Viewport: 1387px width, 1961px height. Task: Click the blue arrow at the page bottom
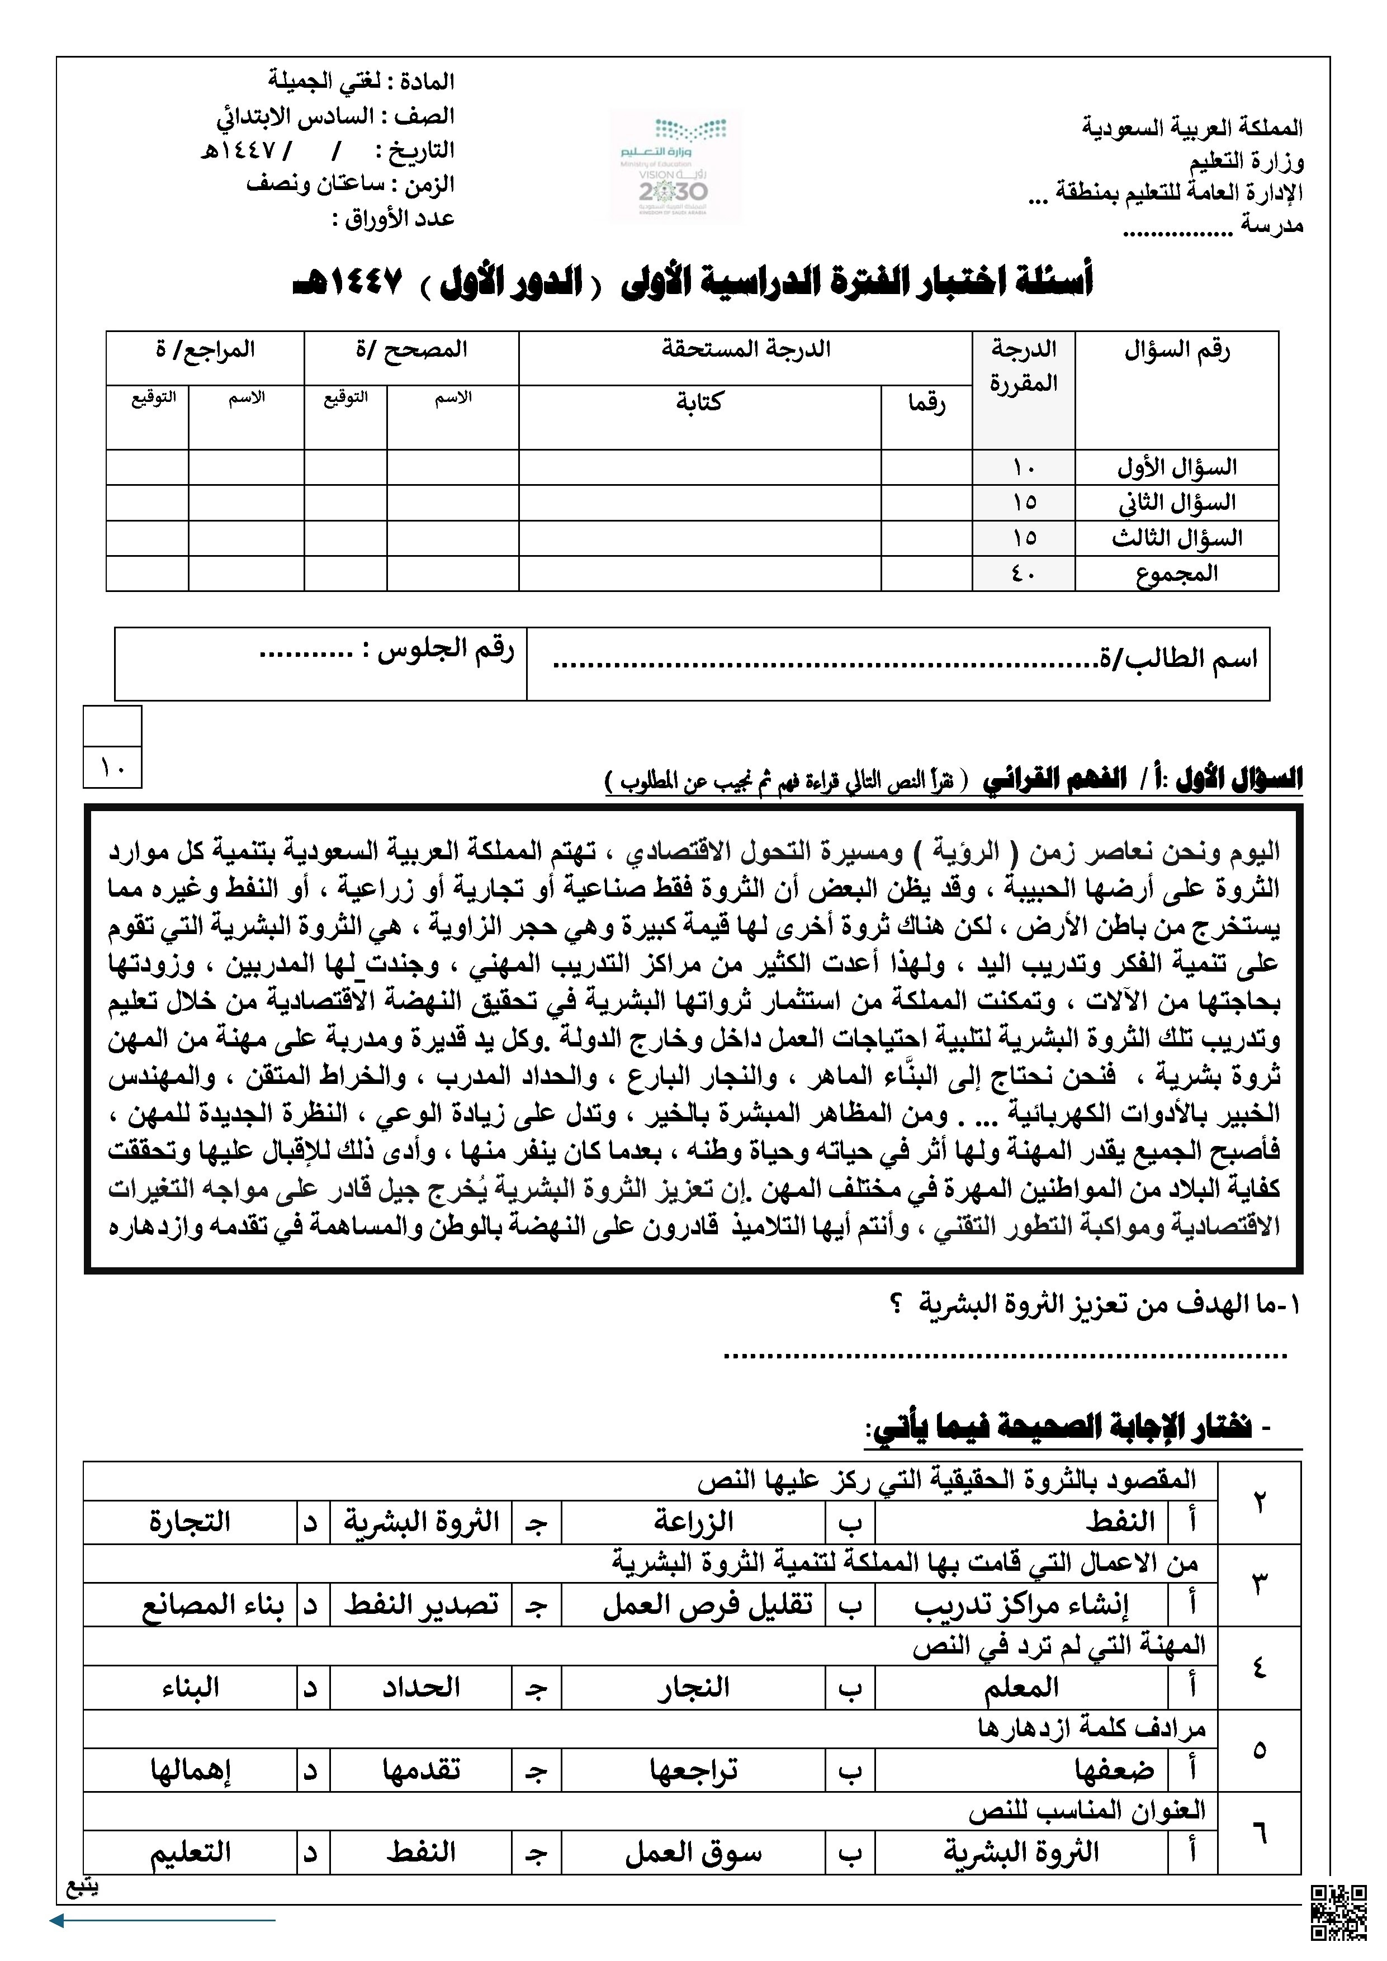162,1921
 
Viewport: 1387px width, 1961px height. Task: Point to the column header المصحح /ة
411,349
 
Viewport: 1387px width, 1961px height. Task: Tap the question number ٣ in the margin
1260,1584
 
